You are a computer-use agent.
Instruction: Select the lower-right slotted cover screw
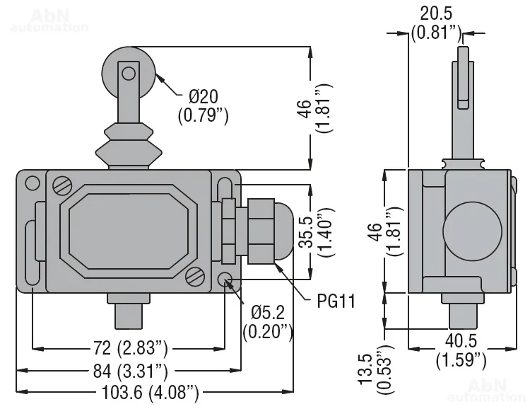[196, 275]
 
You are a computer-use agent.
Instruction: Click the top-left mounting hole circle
[31, 184]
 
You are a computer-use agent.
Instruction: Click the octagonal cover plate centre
[127, 230]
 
